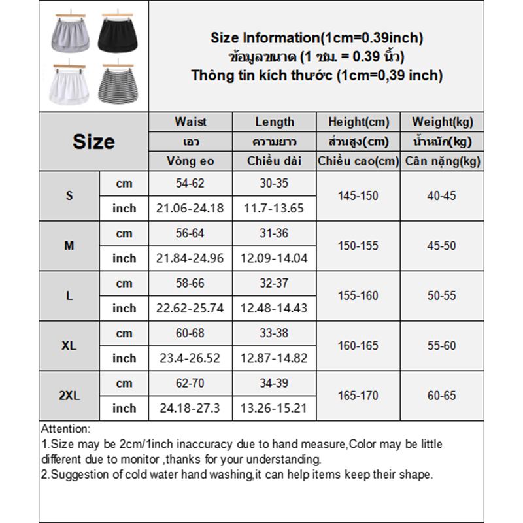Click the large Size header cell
[93, 141]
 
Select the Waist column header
[190, 122]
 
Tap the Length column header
[275, 122]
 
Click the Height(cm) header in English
[358, 122]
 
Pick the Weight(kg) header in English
[443, 122]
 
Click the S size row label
[69, 196]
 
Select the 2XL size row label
[69, 396]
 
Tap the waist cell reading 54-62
[190, 184]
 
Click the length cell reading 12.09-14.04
[275, 258]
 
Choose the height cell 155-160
[358, 295]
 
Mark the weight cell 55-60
[443, 346]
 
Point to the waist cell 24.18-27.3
[190, 408]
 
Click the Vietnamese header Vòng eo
[190, 161]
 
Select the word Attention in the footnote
[65, 430]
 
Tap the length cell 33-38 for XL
[275, 333]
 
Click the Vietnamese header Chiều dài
[275, 161]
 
